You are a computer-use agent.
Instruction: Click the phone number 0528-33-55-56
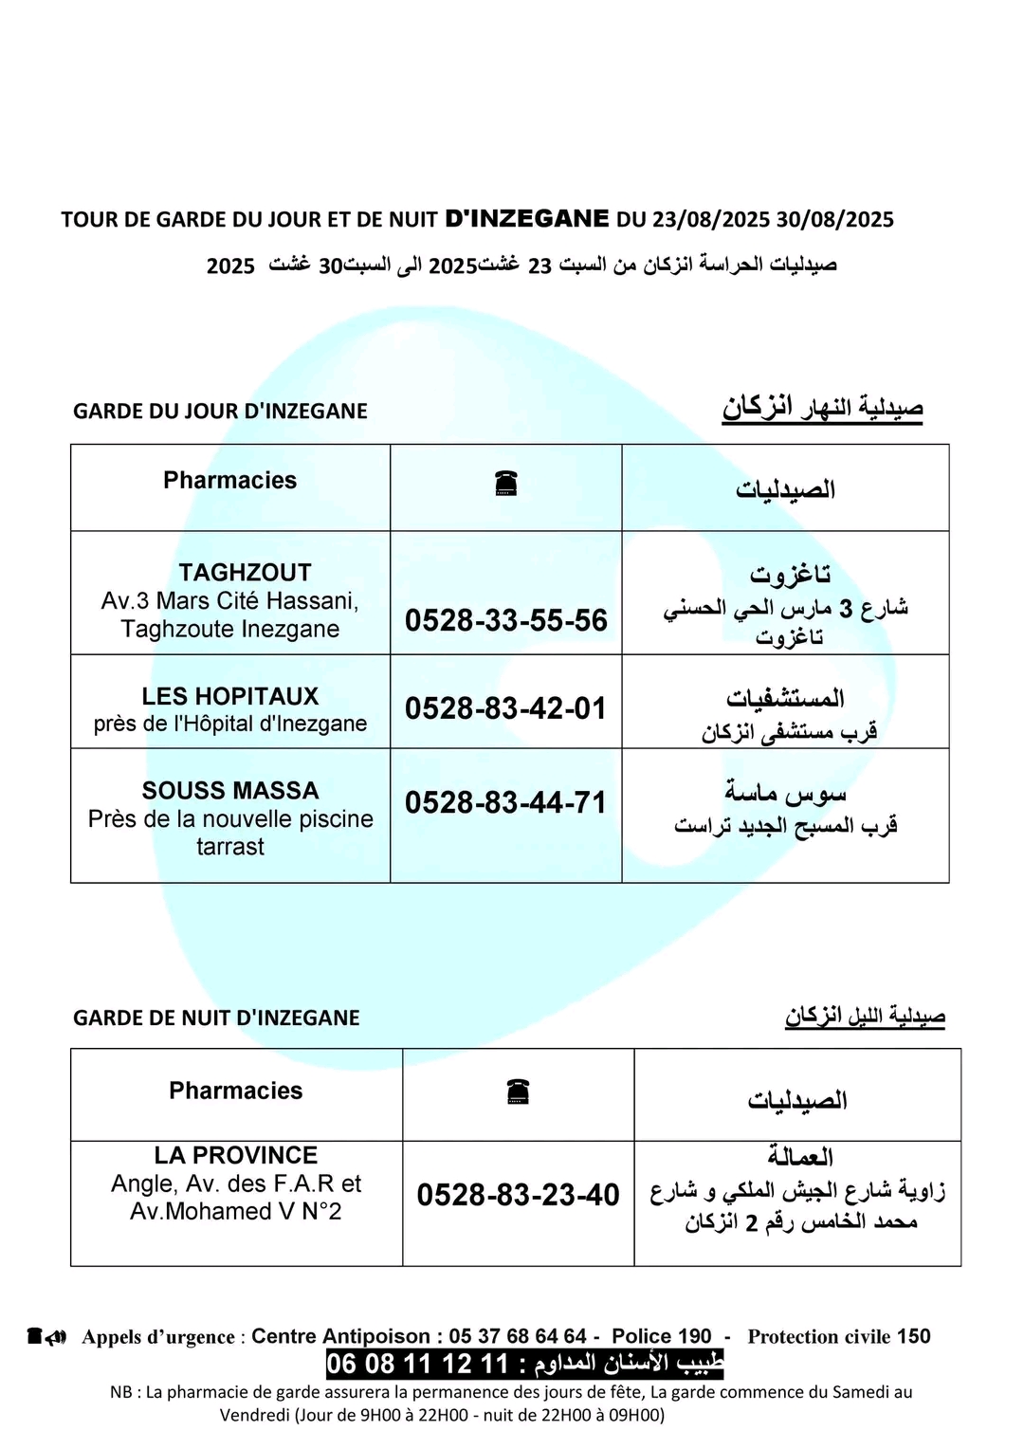coord(505,620)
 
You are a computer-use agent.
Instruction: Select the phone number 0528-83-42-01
coord(505,708)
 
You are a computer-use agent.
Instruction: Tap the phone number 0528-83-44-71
coord(505,802)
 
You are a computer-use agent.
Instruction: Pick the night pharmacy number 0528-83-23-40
coord(518,1195)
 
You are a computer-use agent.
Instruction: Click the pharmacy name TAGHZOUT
coord(245,573)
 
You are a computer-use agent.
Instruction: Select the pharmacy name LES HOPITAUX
coord(230,696)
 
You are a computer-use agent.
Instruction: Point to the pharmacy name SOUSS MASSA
coord(230,791)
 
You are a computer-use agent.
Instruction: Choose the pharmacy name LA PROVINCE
coord(236,1155)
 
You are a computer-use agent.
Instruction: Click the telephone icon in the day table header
coord(506,484)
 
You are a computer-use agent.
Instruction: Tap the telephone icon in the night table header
coord(518,1091)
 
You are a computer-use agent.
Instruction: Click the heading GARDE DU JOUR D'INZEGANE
coord(220,412)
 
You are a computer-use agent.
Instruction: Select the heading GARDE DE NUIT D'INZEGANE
coord(216,1018)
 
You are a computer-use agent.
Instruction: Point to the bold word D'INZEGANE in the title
coord(527,218)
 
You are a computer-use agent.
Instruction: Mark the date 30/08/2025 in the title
coord(835,220)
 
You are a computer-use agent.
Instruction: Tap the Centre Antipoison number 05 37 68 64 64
coord(518,1336)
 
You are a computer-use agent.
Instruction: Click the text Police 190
coord(661,1336)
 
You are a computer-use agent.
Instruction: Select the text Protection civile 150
coord(839,1336)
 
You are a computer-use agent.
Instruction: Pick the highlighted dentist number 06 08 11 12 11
coord(418,1365)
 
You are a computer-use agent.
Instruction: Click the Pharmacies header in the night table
coord(236,1091)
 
